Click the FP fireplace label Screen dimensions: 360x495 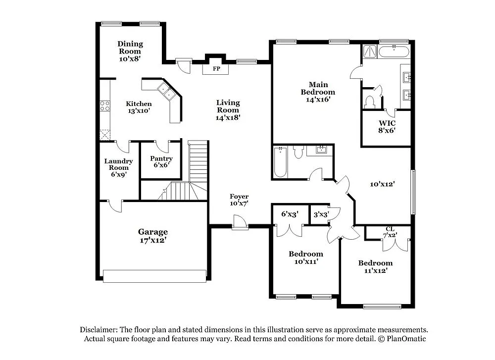tap(216, 69)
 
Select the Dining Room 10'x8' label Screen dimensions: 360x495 tap(130, 51)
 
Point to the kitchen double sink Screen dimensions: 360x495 tap(166, 92)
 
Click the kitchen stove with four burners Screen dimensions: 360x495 tap(105, 105)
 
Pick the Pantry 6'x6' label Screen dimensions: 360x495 tap(161, 161)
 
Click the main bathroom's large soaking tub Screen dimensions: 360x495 tap(394, 51)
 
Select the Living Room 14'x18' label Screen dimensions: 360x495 tap(228, 110)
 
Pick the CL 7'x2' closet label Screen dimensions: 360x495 tap(390, 232)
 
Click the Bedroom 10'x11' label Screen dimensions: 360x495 tap(306, 257)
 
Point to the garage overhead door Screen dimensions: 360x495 tap(154, 276)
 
